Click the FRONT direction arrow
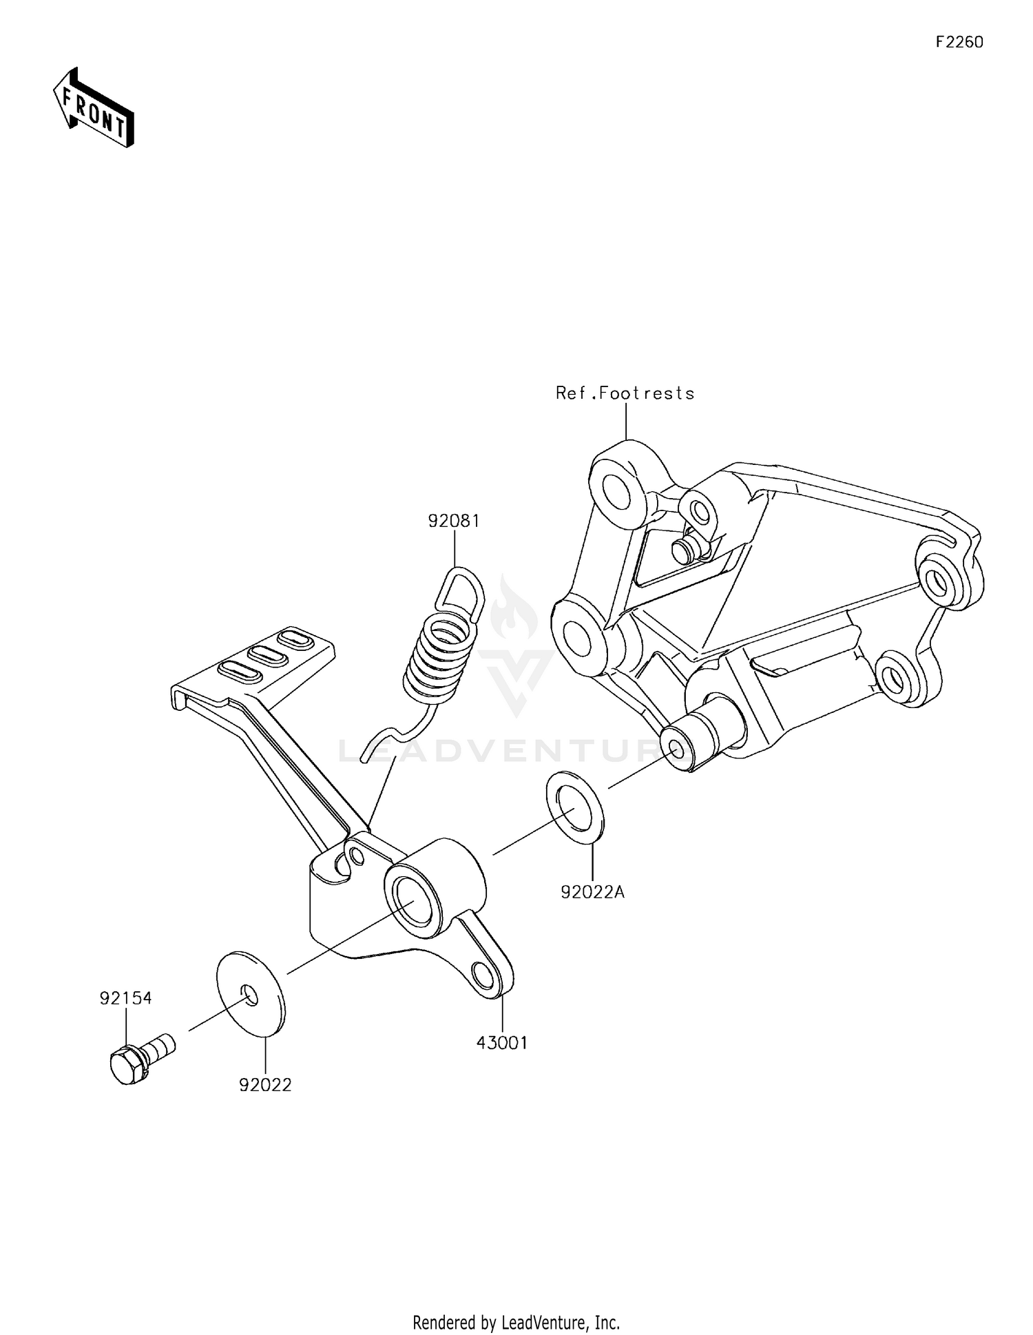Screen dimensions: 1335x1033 [x=94, y=108]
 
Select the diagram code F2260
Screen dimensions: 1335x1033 [x=959, y=42]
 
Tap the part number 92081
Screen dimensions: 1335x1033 [x=454, y=521]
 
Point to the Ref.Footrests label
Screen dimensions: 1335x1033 [x=625, y=393]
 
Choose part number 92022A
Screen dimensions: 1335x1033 [x=592, y=892]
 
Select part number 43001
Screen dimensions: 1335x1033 [x=502, y=1043]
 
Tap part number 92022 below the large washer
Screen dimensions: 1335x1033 [x=265, y=1085]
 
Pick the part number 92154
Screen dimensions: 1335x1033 [x=125, y=998]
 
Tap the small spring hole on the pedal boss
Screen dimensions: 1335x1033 [x=356, y=855]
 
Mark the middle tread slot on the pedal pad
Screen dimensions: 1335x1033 [x=268, y=655]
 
